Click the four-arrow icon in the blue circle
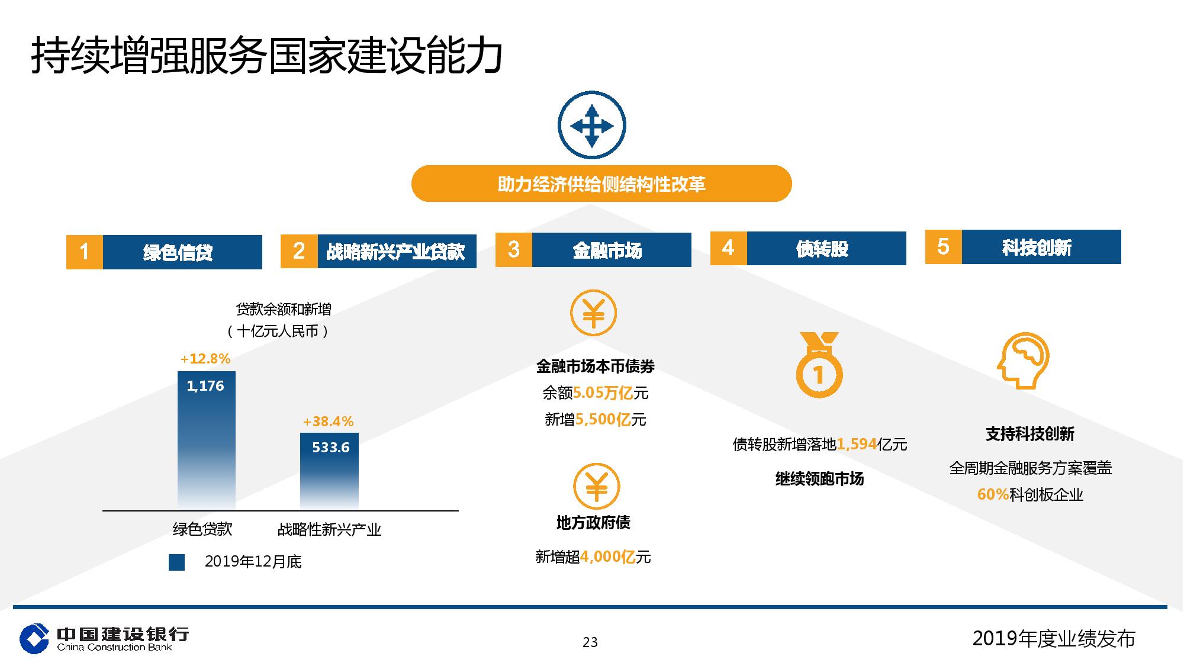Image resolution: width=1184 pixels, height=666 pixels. [591, 126]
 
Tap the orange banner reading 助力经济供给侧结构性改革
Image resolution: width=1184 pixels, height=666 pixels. [601, 184]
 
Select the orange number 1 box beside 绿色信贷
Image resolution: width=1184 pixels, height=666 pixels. [84, 252]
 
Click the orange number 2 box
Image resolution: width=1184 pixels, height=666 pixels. [299, 251]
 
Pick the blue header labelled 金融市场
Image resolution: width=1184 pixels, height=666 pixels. [612, 250]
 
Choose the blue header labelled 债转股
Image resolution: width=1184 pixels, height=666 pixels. [826, 248]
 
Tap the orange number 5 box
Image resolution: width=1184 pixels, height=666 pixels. [944, 247]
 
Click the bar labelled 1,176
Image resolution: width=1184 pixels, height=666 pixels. [207, 440]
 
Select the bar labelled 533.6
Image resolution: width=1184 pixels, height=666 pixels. [329, 471]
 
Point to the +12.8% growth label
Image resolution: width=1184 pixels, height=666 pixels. [205, 359]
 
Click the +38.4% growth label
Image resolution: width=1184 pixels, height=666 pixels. [328, 422]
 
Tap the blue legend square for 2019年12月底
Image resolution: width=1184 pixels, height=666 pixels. [176, 562]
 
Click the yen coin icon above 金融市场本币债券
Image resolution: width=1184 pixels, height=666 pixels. [593, 313]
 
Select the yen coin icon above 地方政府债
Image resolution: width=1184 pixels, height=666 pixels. [596, 487]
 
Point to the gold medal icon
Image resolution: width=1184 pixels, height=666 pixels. [819, 365]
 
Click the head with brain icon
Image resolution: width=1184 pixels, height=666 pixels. [1023, 361]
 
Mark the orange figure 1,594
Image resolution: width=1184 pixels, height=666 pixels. [856, 444]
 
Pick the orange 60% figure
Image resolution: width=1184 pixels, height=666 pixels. [993, 494]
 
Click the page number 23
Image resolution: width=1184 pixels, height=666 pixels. [590, 642]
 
